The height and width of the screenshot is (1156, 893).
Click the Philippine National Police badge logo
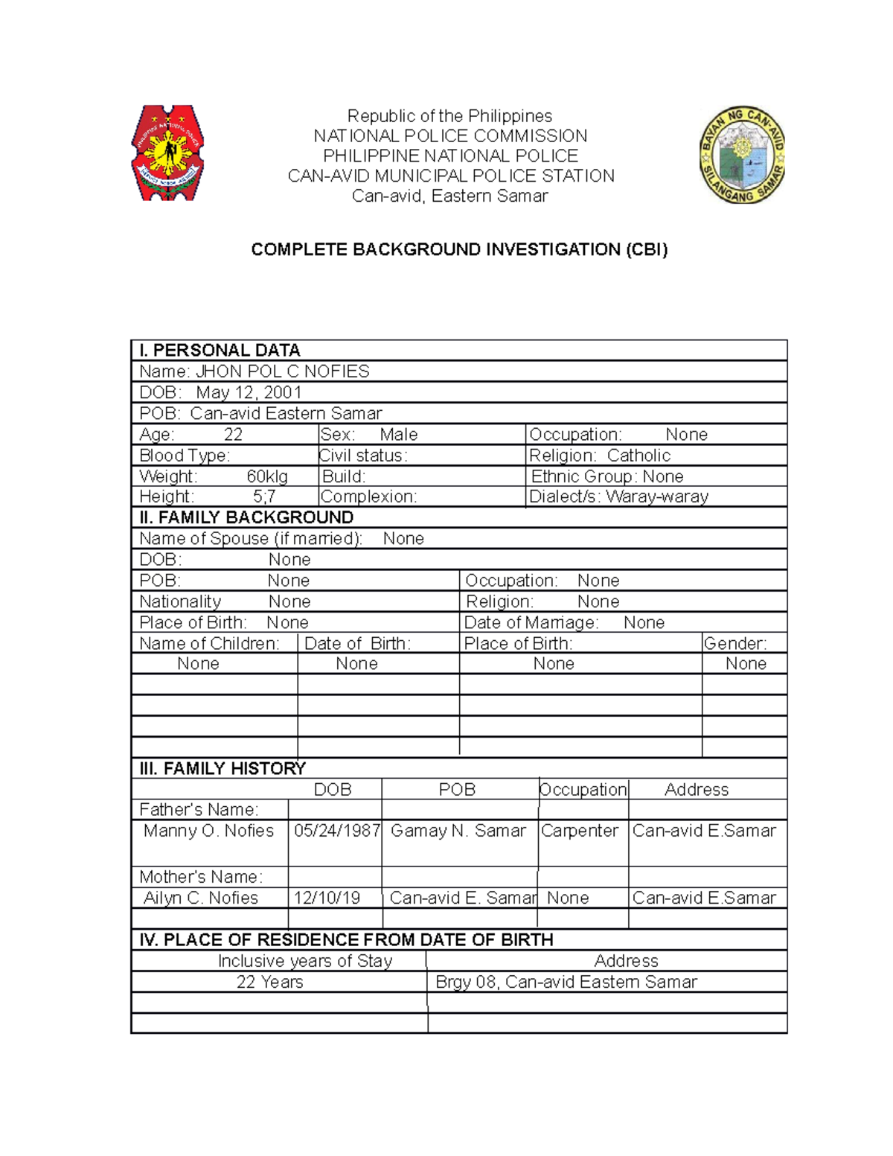pos(167,153)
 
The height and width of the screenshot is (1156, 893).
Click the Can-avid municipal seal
pos(742,155)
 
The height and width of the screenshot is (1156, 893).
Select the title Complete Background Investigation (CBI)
pos(459,249)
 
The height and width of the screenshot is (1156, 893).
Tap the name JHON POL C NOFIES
pos(282,371)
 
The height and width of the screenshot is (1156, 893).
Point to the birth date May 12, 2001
pos(249,392)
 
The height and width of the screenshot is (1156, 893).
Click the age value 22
pos(233,435)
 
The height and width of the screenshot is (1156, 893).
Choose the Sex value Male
pos(398,435)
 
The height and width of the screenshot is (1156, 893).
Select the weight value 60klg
pos(267,476)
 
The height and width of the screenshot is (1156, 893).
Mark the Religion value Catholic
pos(638,456)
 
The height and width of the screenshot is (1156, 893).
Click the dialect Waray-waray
pos(656,496)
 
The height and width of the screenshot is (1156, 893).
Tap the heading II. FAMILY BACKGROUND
pos(246,517)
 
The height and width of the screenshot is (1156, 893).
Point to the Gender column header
pos(734,643)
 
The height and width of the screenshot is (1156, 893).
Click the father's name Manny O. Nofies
pos(208,831)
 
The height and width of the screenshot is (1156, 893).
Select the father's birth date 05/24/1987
pos(337,831)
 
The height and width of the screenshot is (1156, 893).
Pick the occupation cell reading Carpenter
pos(580,831)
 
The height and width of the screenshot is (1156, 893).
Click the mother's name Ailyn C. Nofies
pos(201,898)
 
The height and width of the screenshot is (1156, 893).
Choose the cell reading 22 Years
pos(269,982)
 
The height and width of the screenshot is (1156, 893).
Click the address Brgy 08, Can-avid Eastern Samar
pos(566,982)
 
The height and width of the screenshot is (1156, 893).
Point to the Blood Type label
pos(185,456)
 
